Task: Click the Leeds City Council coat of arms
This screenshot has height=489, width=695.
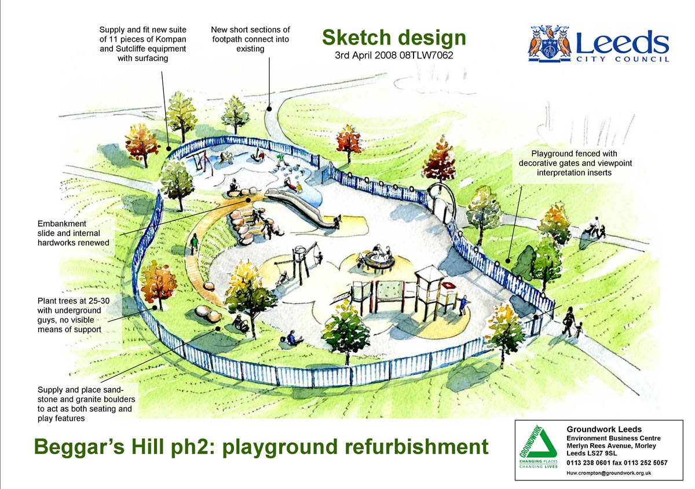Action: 550,43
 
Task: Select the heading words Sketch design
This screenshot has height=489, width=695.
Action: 394,38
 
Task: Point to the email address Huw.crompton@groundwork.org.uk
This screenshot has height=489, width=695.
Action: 609,473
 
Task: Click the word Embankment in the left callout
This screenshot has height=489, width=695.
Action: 62,224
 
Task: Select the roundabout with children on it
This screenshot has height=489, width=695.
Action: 379,261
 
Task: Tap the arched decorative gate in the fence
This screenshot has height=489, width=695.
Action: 441,200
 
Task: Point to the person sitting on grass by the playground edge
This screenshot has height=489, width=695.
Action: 292,338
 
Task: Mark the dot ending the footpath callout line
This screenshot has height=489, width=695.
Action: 269,109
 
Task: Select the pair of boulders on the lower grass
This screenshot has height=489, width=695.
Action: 208,313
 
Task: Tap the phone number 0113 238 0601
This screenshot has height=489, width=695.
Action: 588,463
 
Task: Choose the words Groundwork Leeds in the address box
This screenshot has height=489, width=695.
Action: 604,429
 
